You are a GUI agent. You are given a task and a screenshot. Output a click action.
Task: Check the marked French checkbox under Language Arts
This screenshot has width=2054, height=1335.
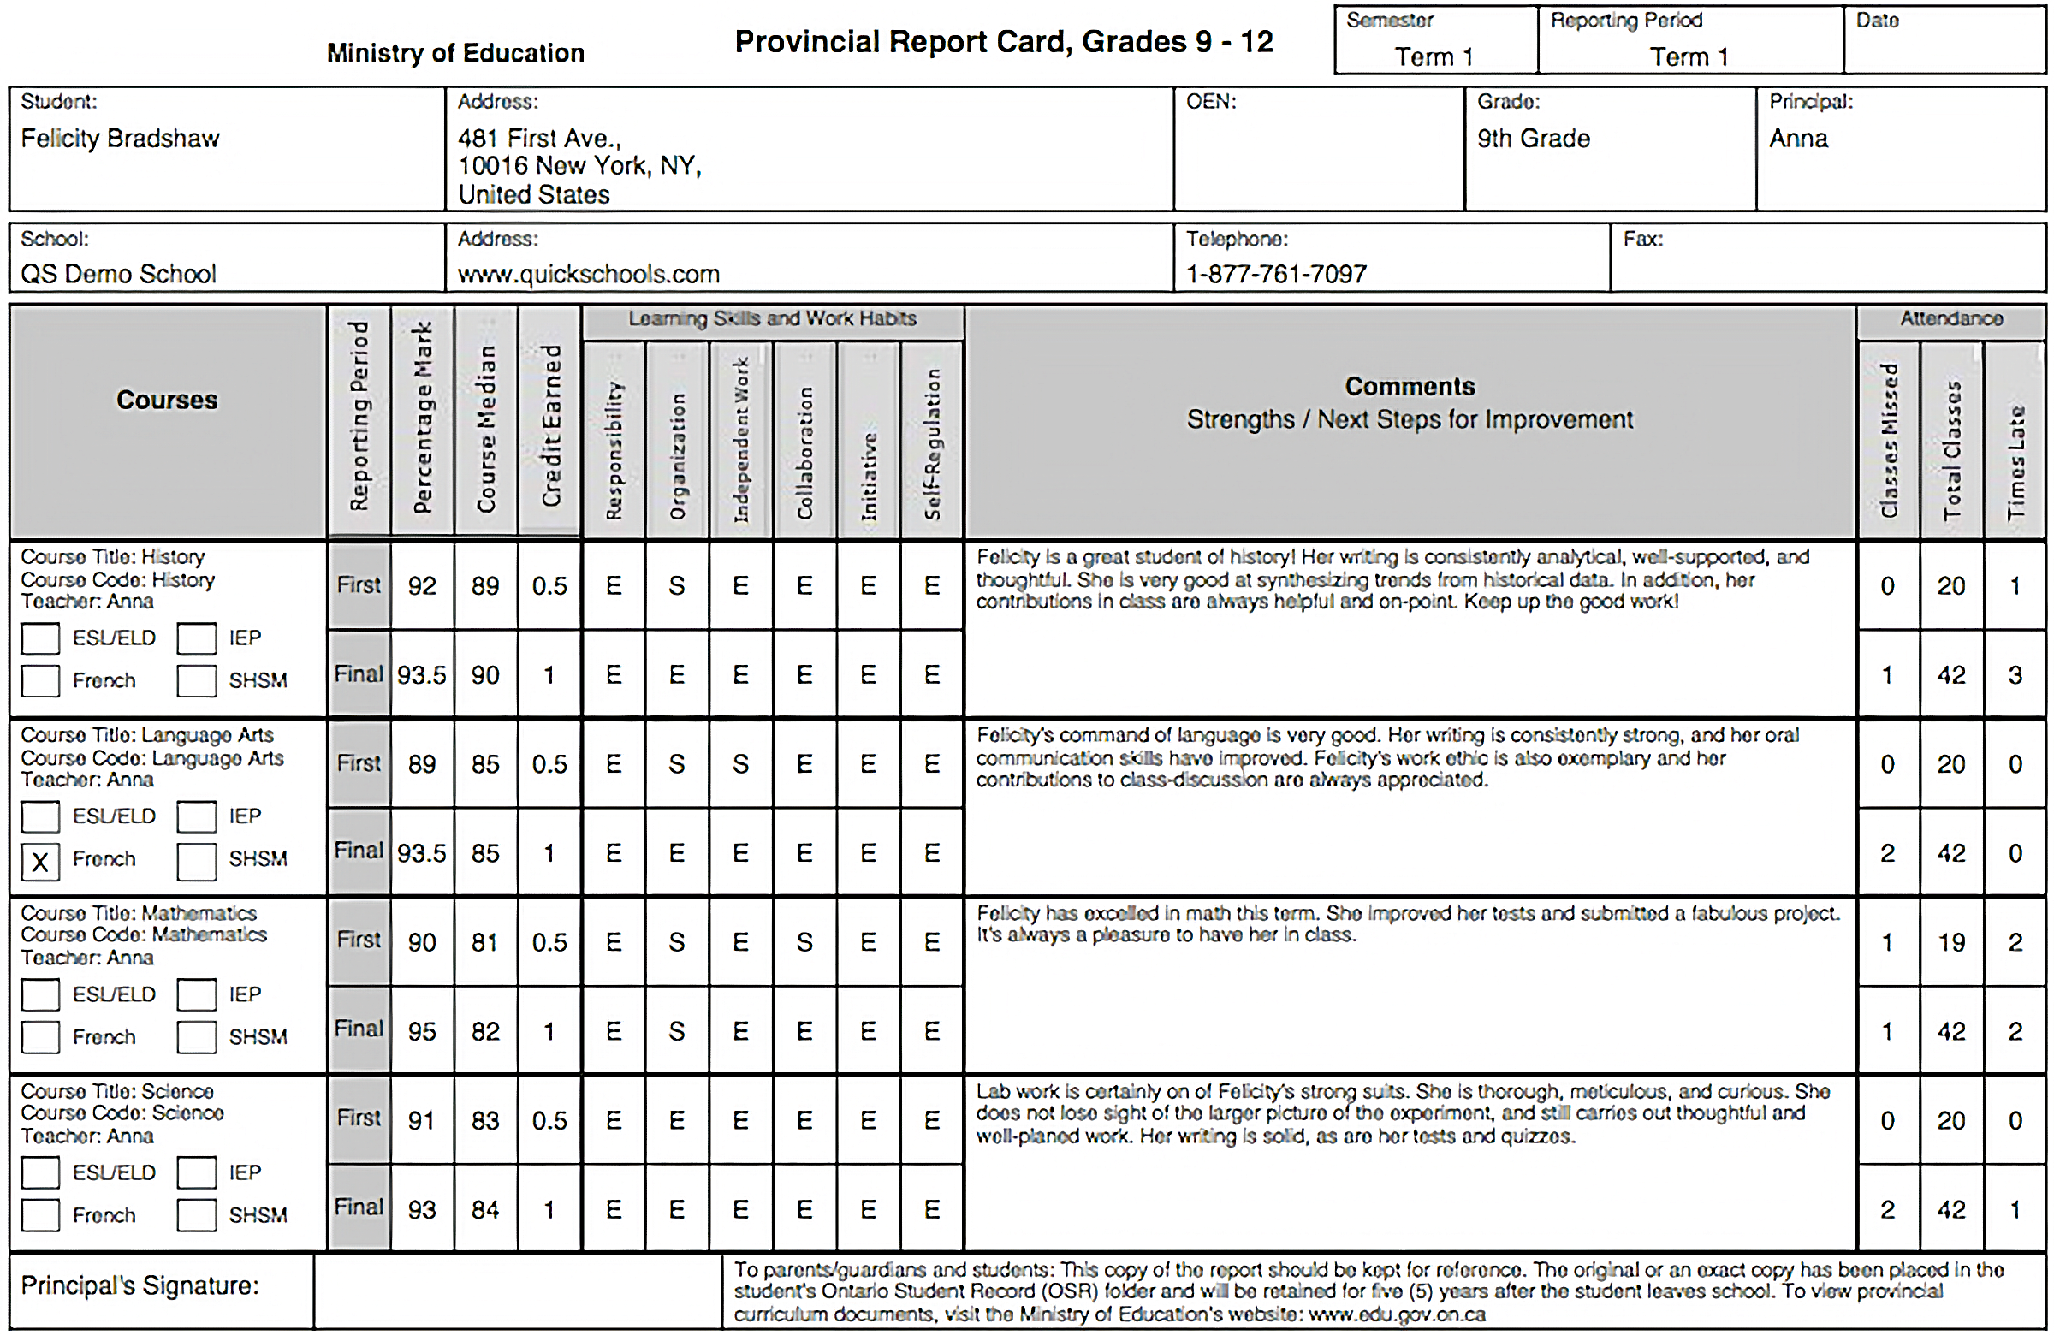39,861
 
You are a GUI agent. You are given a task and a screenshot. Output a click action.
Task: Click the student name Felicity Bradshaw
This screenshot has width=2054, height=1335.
120,138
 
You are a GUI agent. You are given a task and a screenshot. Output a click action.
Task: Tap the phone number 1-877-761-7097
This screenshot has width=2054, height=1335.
1275,274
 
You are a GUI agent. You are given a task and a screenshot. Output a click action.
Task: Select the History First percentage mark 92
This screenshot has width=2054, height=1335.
421,586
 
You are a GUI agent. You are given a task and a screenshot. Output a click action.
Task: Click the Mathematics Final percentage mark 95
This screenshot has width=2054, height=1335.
421,1031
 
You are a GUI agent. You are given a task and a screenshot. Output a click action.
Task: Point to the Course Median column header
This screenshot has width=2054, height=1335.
486,427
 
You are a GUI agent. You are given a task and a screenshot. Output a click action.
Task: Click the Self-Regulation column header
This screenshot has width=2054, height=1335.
932,442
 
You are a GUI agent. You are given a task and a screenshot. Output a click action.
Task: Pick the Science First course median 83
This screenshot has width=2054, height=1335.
485,1120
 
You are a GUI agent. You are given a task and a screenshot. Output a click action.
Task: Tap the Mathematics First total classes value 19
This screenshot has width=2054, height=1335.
1950,942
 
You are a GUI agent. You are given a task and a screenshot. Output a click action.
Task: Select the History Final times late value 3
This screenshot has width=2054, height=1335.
2015,675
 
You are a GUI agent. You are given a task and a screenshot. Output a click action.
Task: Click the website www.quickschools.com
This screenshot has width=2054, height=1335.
588,274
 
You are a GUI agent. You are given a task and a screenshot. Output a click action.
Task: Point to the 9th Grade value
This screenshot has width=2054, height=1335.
1533,138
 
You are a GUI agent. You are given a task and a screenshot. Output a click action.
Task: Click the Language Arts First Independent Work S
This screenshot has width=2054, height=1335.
740,763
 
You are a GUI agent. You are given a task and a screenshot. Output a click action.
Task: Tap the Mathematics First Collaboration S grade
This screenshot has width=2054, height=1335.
804,942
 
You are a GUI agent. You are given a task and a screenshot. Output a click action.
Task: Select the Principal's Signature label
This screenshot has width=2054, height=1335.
139,1286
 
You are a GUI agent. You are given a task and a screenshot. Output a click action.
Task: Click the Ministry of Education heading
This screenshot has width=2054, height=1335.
454,53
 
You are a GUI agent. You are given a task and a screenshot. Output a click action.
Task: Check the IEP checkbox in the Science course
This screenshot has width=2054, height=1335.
196,1172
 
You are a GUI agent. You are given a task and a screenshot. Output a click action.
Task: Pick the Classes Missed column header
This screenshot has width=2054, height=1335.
1888,440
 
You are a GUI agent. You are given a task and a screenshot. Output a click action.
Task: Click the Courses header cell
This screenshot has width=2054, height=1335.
167,400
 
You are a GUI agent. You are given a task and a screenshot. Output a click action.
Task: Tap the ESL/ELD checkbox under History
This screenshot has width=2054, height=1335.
39,638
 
